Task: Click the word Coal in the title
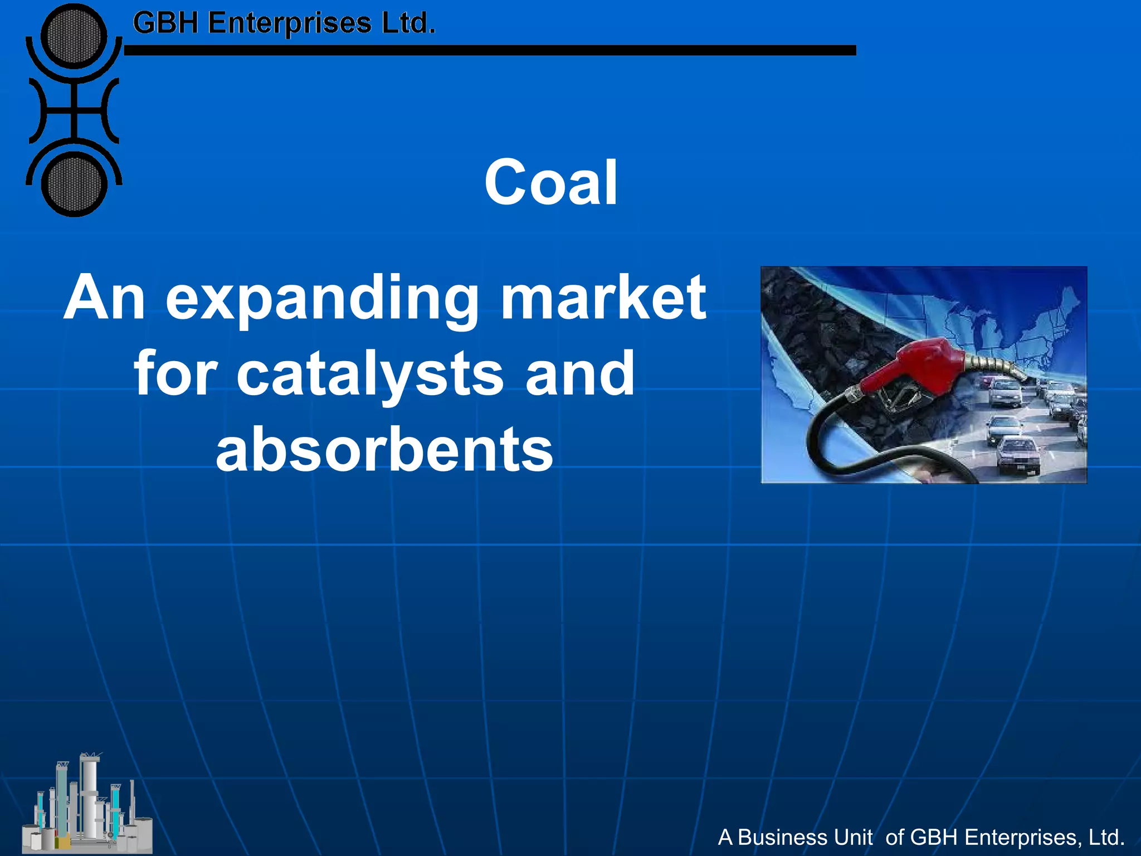pyautogui.click(x=550, y=183)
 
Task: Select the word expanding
pyautogui.click(x=322, y=299)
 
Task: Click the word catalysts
pyautogui.click(x=370, y=374)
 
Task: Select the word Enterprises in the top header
pyautogui.click(x=290, y=23)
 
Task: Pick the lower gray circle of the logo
pyautogui.click(x=74, y=184)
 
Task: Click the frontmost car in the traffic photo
pyautogui.click(x=1017, y=454)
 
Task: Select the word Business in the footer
pyautogui.click(x=804, y=837)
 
